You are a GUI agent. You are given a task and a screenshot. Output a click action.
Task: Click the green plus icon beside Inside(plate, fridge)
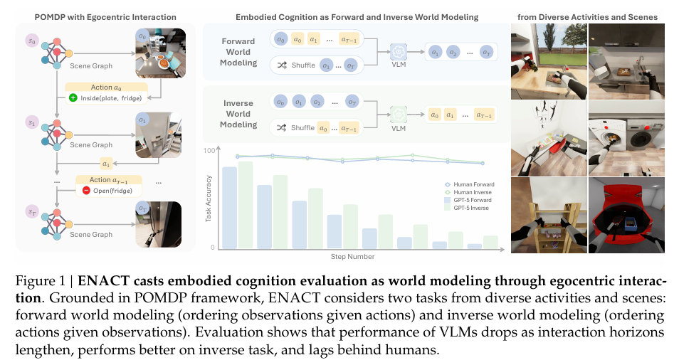point(73,97)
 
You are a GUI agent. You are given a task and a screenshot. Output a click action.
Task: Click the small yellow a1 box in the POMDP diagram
point(107,162)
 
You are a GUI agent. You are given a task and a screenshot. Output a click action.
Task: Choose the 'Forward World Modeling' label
point(238,52)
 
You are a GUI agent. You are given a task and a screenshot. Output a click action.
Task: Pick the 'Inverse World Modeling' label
point(238,114)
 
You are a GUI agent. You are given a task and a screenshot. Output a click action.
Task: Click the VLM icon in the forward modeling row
point(399,52)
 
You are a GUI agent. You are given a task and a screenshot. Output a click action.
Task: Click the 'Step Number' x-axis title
point(352,256)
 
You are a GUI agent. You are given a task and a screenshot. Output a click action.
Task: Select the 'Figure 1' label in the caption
point(33,280)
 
